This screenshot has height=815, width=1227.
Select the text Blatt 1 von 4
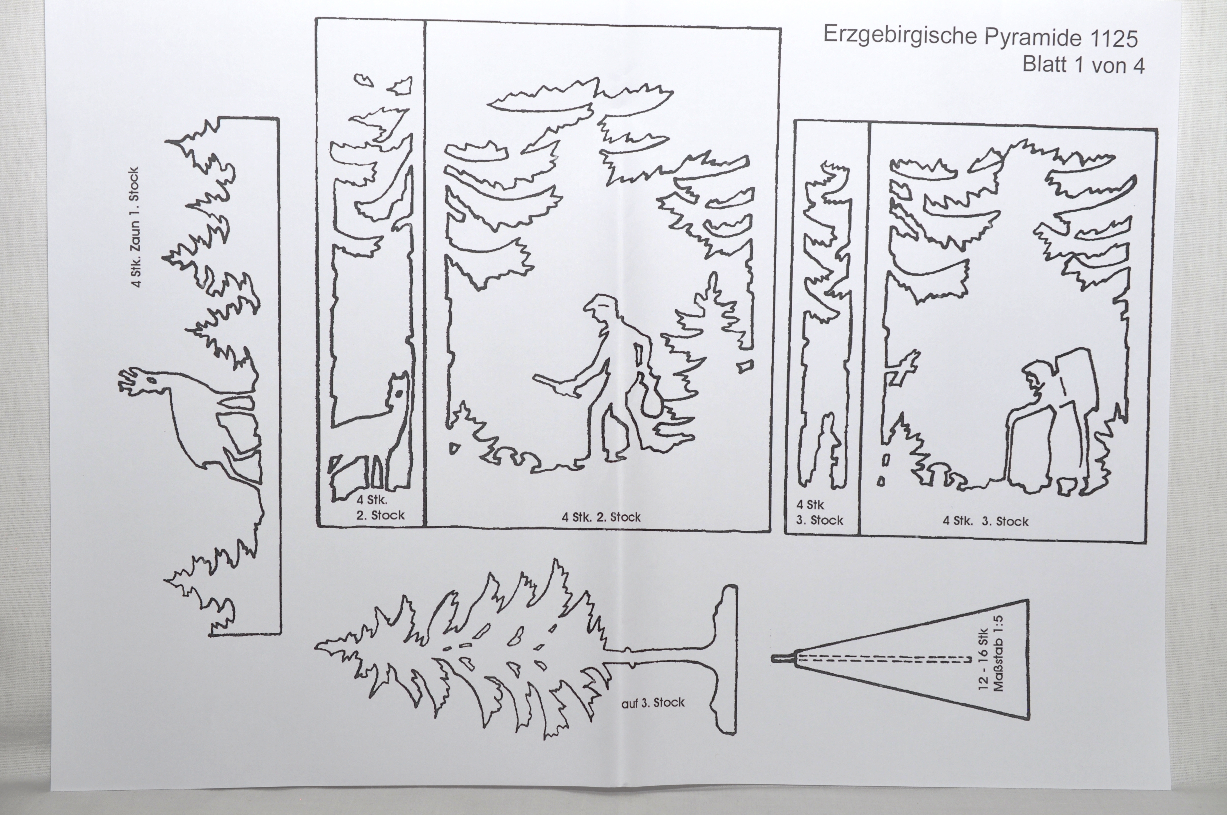(1084, 65)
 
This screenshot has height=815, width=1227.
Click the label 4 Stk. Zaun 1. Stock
(134, 227)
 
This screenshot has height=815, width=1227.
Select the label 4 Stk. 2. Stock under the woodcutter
(601, 517)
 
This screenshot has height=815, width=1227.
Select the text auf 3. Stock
(653, 703)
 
